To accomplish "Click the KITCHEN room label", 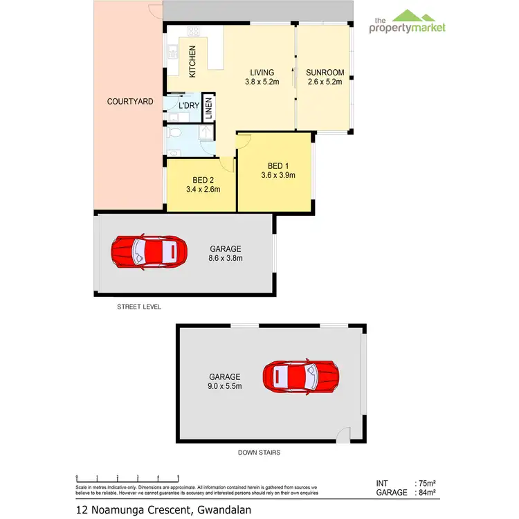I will [x=193, y=61].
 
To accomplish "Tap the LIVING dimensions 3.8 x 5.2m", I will [x=262, y=82].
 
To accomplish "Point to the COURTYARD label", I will [x=130, y=102].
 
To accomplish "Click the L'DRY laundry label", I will [x=189, y=105].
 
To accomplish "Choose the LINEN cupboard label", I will [x=208, y=108].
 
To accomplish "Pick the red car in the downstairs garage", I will [x=300, y=376].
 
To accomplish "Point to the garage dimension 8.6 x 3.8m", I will [x=226, y=258].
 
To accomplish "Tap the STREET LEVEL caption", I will [x=139, y=306].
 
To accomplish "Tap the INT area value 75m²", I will [x=426, y=483].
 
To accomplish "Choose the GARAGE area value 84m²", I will [x=426, y=493].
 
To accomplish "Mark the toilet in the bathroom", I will [x=175, y=133].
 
